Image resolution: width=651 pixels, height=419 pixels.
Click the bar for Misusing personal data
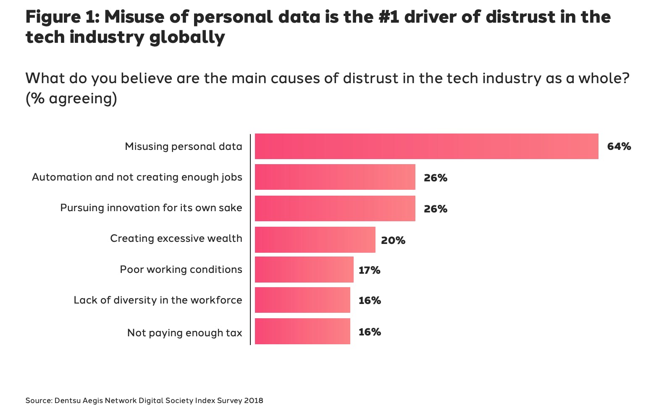click(x=426, y=147)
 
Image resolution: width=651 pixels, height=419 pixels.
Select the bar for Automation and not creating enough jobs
click(x=335, y=177)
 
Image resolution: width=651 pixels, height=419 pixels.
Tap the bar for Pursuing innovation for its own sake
click(x=335, y=208)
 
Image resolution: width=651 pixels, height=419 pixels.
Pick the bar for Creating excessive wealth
click(x=315, y=240)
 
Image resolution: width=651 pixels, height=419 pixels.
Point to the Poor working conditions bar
click(x=304, y=270)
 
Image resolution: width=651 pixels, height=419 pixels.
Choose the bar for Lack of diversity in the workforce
click(x=302, y=300)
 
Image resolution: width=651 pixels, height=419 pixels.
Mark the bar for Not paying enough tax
click(x=302, y=332)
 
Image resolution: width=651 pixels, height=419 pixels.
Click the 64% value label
click(x=619, y=147)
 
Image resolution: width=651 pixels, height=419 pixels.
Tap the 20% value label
click(x=393, y=241)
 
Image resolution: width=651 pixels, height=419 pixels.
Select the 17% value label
click(x=369, y=270)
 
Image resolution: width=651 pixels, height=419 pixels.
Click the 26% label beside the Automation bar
click(x=435, y=178)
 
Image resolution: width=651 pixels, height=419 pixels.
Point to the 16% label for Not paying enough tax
click(x=370, y=332)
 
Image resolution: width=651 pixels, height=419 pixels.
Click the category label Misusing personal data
click(x=184, y=147)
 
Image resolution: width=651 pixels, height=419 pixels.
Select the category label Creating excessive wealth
click(x=176, y=238)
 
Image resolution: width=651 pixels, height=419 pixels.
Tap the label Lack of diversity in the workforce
click(x=158, y=300)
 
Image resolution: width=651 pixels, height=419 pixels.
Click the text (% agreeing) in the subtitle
click(x=71, y=99)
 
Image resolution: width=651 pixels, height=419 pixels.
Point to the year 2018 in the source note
click(x=253, y=401)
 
